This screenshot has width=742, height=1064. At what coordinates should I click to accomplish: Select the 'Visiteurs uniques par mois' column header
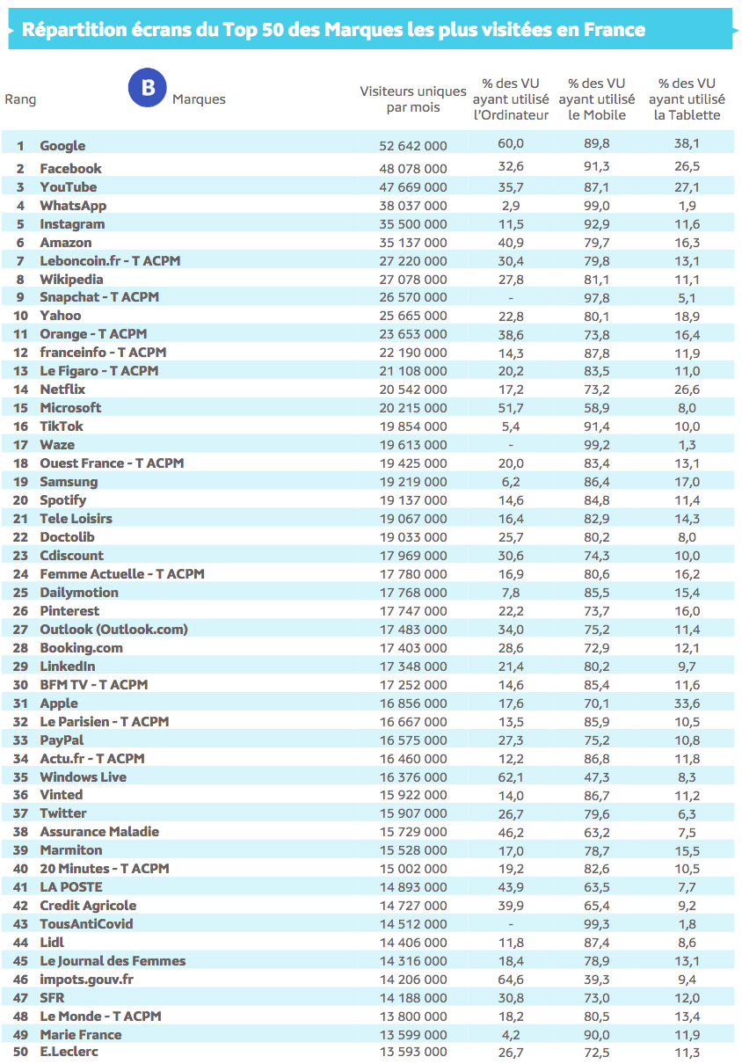[x=413, y=99]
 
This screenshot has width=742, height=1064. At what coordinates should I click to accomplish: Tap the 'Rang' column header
[x=20, y=99]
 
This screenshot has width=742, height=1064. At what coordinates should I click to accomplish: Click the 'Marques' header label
[x=199, y=99]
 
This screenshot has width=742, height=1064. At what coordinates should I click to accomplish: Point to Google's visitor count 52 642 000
[x=413, y=146]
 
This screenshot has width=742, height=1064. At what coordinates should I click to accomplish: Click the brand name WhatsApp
[x=73, y=206]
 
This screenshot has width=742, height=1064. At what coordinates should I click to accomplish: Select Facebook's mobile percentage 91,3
[x=597, y=168]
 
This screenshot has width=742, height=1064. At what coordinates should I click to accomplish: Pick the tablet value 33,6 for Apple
[x=687, y=703]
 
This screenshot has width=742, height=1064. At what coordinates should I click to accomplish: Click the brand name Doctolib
[x=67, y=537]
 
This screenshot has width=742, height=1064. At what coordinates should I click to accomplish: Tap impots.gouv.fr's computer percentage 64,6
[x=511, y=980]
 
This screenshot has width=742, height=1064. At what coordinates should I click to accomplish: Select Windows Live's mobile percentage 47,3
[x=597, y=777]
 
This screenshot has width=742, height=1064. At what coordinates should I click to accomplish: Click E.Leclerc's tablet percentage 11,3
[x=687, y=1053]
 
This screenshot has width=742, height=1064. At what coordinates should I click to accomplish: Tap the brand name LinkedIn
[x=68, y=667]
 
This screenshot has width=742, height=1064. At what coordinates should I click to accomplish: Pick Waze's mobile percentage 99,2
[x=597, y=445]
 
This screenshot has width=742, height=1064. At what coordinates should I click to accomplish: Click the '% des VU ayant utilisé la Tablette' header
[x=687, y=99]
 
